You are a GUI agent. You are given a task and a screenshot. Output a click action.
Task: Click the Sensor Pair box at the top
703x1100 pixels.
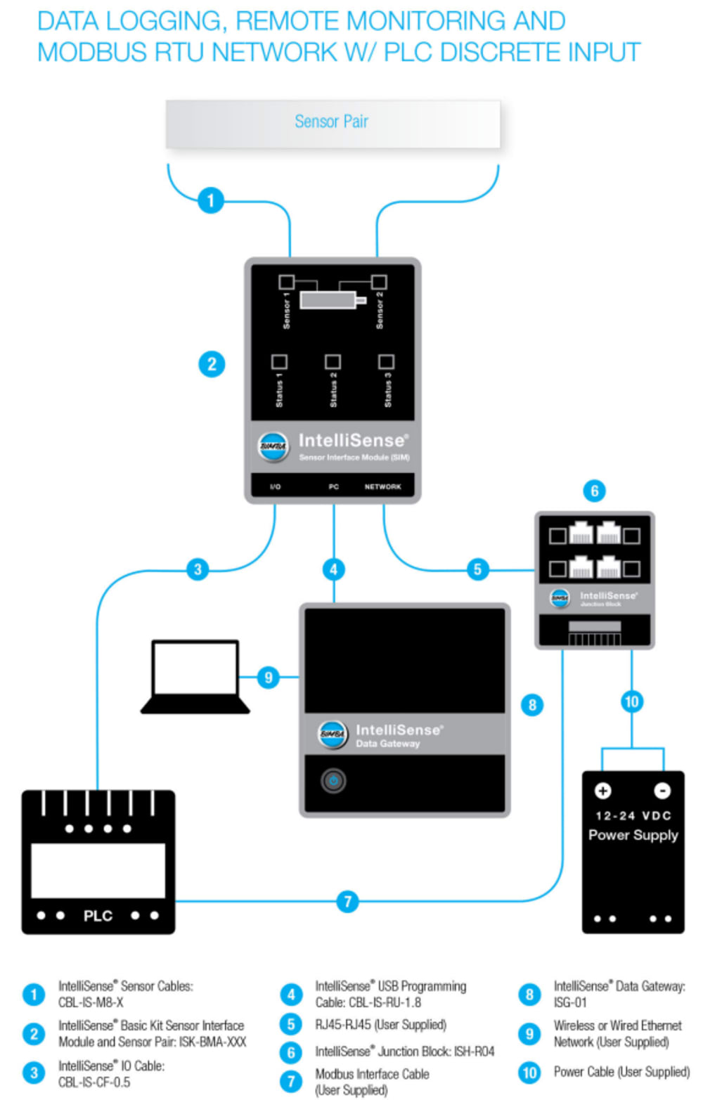333,123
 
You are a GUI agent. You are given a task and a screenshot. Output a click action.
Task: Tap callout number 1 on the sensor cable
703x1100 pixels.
210,200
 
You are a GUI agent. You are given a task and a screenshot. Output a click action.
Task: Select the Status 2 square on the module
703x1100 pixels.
333,361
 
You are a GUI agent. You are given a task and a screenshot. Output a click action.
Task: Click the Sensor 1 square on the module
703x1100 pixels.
286,282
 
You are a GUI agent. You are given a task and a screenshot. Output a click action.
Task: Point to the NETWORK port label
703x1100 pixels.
382,486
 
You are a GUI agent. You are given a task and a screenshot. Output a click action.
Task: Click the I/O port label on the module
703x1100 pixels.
276,486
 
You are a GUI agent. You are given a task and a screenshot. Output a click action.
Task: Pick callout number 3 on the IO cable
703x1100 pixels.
198,569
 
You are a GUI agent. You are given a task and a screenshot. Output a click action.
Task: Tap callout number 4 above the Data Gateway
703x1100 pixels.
333,569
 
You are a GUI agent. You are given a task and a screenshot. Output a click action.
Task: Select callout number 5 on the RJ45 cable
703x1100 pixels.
477,569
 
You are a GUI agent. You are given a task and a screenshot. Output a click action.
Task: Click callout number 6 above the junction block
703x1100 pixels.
594,491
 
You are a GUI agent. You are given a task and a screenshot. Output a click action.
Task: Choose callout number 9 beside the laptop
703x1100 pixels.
268,678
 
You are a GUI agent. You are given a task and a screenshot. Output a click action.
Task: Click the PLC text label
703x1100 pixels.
98,916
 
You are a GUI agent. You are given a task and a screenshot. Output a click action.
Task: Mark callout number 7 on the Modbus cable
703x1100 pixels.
347,901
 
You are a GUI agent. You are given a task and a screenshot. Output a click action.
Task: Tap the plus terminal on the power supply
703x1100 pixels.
602,791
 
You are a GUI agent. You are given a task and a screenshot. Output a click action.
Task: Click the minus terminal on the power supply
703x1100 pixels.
662,791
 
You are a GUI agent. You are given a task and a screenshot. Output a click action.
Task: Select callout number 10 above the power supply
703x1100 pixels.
631,701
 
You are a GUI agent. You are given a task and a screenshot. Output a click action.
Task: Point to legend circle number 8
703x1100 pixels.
529,994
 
